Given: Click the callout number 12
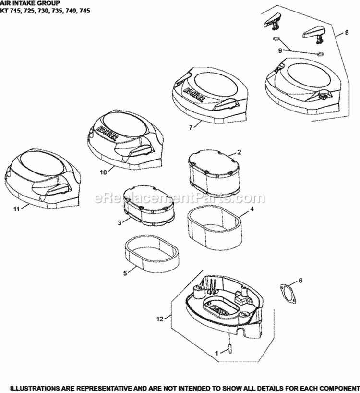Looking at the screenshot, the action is (160, 319).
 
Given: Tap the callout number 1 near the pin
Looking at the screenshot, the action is (216, 354).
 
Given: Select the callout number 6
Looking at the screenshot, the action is (300, 281).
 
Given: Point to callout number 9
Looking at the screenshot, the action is (280, 50).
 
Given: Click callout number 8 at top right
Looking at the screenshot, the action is (347, 32).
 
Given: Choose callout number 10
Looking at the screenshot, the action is (103, 172).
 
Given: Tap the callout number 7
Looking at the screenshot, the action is (191, 128).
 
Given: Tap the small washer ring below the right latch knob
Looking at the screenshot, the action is (320, 54).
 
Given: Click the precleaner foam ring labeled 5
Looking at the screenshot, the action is (151, 255).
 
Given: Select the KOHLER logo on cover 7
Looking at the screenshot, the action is (194, 95).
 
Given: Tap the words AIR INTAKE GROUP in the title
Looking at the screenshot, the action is (30, 3).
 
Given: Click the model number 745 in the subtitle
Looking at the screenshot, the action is (85, 11).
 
